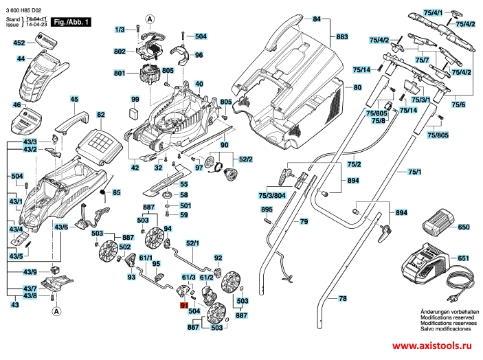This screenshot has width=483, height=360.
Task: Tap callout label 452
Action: [20, 43]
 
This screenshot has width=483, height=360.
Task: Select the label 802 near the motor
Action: [120, 52]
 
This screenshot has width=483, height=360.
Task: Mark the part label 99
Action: [135, 100]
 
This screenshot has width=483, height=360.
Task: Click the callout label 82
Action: [100, 115]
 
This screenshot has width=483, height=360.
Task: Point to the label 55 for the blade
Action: [183, 184]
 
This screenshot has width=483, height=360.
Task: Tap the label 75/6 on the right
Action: [458, 104]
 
